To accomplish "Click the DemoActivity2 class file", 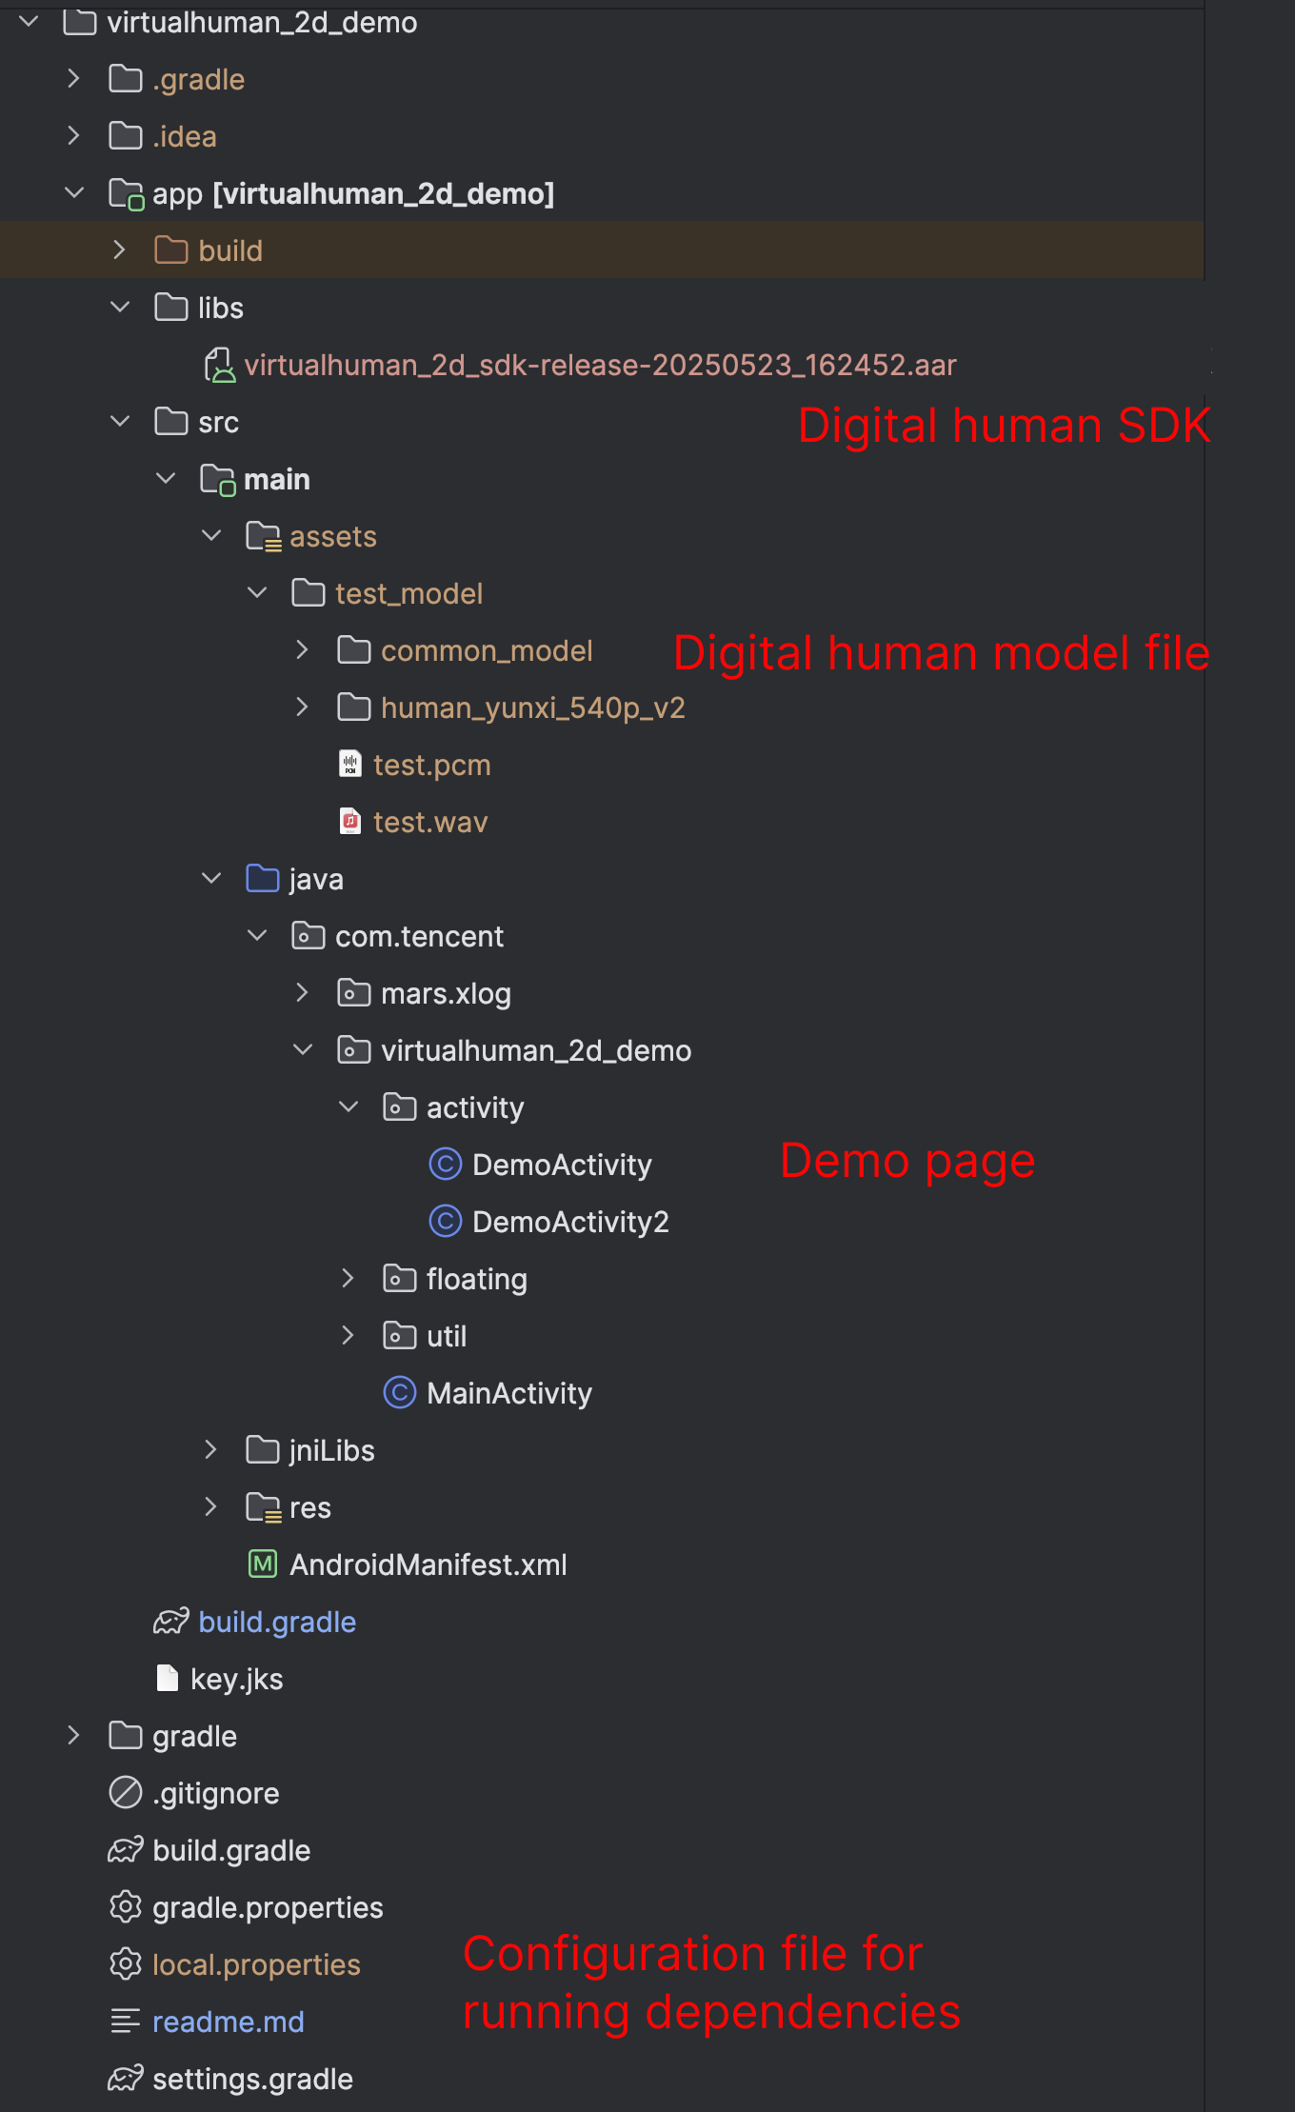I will pos(569,1222).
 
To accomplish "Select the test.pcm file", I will pos(431,765).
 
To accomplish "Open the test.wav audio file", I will pos(429,822).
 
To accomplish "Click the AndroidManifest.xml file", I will pos(428,1564).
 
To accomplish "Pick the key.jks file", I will pos(236,1679).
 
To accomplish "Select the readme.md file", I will pos(228,2022).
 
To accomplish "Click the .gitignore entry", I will pos(215,1793).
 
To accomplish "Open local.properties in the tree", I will pos(256,1964).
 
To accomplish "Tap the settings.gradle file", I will pos(252,2079).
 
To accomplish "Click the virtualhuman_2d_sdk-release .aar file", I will pos(600,365).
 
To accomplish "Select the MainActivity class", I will pos(508,1393).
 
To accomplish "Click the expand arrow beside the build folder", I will pos(119,250).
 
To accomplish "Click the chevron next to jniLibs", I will pos(210,1450).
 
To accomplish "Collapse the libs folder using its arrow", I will pos(120,308).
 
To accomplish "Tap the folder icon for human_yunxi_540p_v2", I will pos(354,707).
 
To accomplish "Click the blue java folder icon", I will pos(262,879).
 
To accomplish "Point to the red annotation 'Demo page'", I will pos(906,1161).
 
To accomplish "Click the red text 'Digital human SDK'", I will pos(1004,425).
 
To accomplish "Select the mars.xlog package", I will pos(446,993).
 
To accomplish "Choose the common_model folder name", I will pos(487,650).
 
